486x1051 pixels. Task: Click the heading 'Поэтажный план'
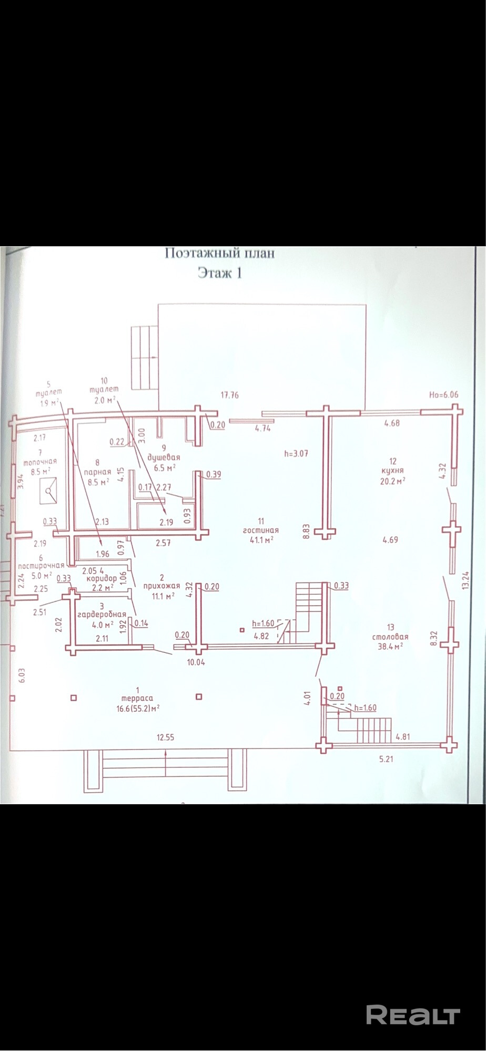[x=220, y=253]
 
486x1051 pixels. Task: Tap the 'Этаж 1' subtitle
[x=220, y=273]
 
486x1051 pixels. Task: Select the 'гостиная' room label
[x=260, y=530]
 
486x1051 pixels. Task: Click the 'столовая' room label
[x=390, y=636]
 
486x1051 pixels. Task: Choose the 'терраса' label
[x=137, y=698]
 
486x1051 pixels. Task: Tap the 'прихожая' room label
[x=165, y=586]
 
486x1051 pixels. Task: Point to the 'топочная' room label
[x=39, y=462]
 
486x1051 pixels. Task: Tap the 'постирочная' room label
[x=40, y=565]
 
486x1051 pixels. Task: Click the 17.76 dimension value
[x=229, y=395]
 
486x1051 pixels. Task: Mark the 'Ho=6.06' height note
[x=444, y=395]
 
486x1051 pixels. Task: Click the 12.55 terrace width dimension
[x=165, y=737]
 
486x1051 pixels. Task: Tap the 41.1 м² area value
[x=260, y=539]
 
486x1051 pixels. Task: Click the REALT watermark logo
[x=412, y=1015]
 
